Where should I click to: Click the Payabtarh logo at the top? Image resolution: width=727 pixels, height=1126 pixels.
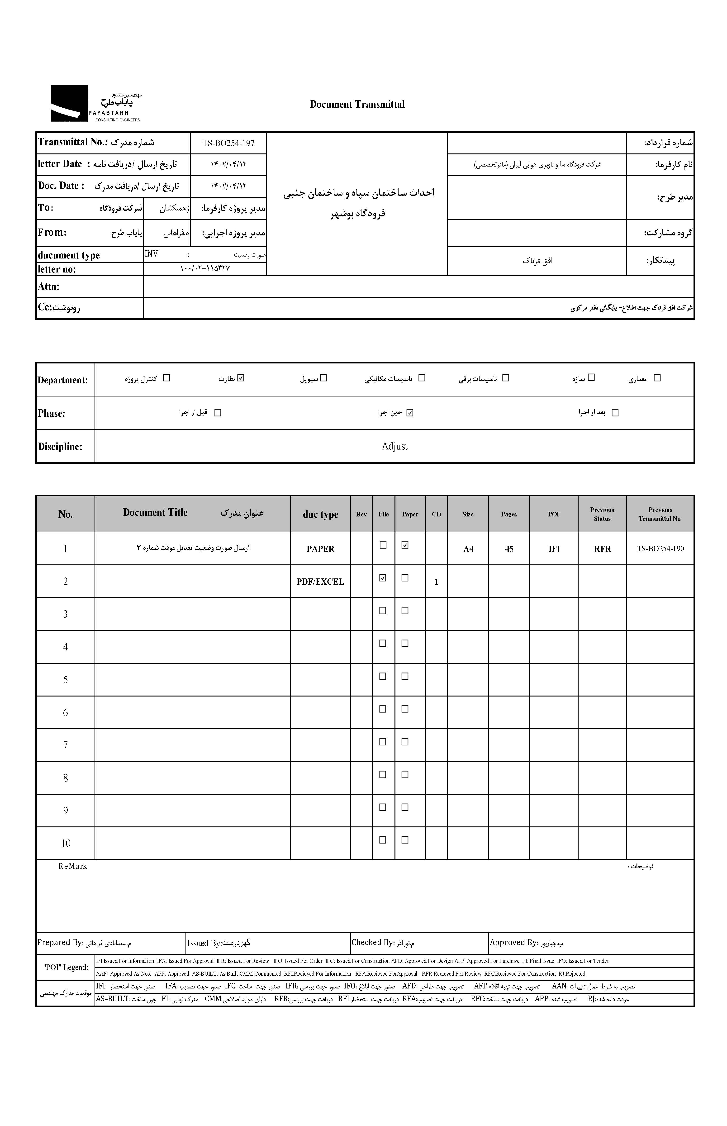[x=95, y=103]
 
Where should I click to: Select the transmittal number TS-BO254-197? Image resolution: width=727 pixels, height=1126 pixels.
[x=228, y=143]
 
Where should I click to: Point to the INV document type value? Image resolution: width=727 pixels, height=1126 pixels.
[x=152, y=254]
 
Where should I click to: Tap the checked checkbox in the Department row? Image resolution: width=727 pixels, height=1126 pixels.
[x=241, y=378]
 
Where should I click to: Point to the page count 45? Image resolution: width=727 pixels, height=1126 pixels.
[x=509, y=549]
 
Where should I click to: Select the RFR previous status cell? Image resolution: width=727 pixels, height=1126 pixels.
[x=602, y=549]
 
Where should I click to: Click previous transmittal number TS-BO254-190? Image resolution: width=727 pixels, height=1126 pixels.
[x=660, y=549]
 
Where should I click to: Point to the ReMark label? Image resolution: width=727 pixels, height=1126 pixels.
[x=74, y=866]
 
